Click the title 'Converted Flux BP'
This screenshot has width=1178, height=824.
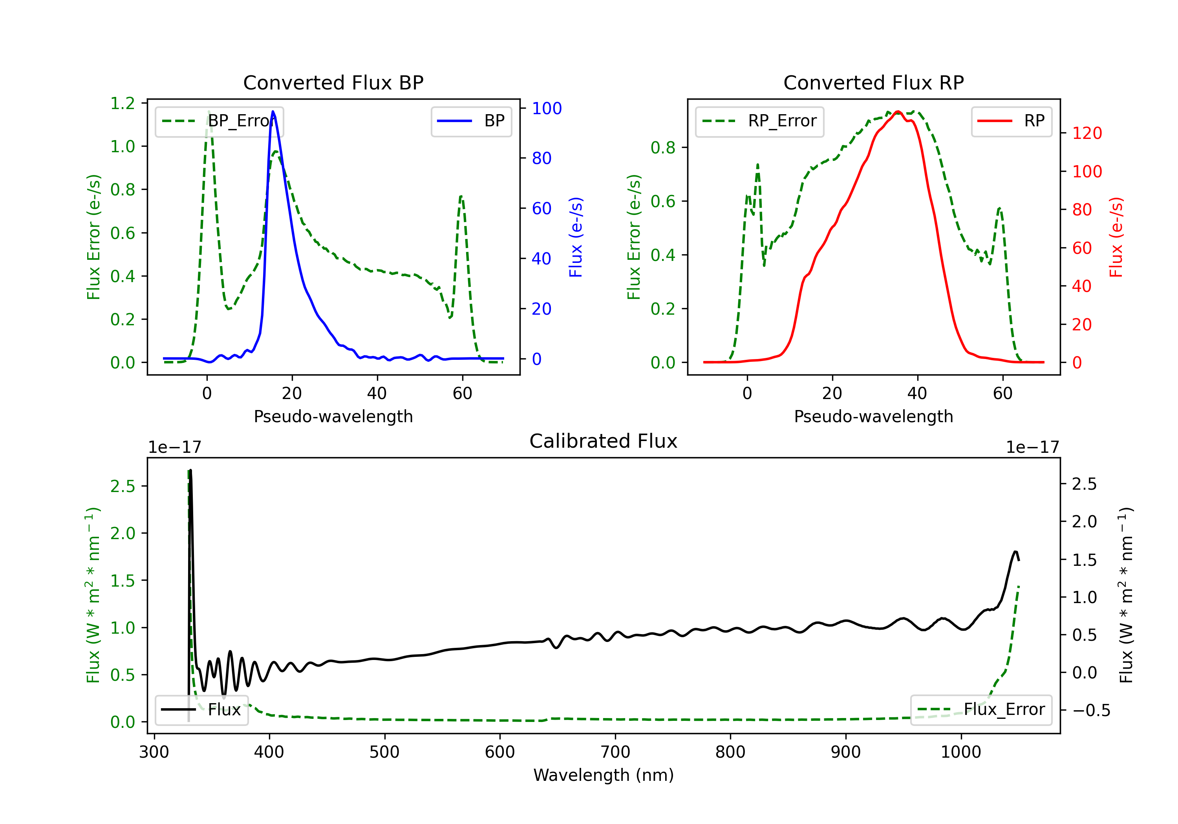333,82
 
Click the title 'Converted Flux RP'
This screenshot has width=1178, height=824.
873,82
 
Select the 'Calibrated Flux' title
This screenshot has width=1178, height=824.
604,441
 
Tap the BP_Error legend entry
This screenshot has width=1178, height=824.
220,121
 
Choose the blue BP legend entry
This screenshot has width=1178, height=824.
471,121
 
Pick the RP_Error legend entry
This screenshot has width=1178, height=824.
759,121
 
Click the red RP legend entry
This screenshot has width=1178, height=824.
1011,121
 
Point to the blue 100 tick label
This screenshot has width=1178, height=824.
547,108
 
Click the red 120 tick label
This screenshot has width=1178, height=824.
1087,133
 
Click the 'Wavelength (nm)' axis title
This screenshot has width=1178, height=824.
604,775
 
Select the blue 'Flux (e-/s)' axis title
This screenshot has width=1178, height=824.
576,237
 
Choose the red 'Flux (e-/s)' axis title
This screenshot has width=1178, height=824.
1116,237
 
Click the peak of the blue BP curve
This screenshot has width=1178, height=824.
273,111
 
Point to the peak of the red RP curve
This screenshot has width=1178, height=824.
897,112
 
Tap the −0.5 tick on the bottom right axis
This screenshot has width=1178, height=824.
1091,710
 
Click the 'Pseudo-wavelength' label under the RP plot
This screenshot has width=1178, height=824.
873,416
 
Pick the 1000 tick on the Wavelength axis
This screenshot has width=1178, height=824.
960,752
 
